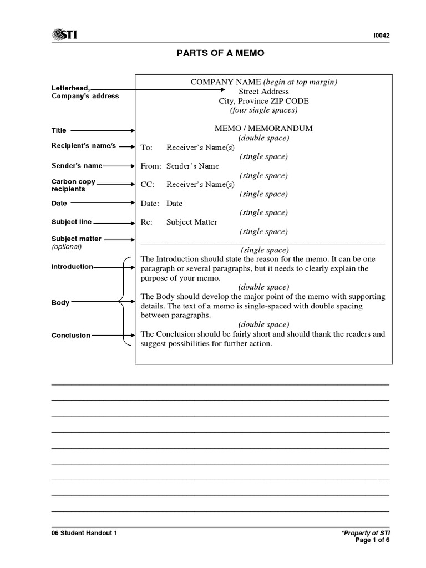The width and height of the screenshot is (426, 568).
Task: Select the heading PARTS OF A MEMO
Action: point(213,53)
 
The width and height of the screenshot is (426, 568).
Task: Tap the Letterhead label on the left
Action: point(71,88)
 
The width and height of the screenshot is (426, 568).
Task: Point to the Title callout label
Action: point(59,130)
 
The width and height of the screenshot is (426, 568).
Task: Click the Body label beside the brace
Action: point(60,302)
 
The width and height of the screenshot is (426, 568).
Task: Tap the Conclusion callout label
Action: point(71,335)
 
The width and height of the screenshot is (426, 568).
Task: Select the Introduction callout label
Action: point(72,267)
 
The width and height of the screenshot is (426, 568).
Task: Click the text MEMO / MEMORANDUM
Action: point(263,128)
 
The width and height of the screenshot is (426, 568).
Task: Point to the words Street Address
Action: point(263,92)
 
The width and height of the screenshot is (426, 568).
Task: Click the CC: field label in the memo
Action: point(148,184)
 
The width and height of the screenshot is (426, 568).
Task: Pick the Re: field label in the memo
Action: point(146,222)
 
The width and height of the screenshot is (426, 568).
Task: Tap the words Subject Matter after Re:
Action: point(192,222)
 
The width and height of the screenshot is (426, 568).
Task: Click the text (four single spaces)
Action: point(263,110)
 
